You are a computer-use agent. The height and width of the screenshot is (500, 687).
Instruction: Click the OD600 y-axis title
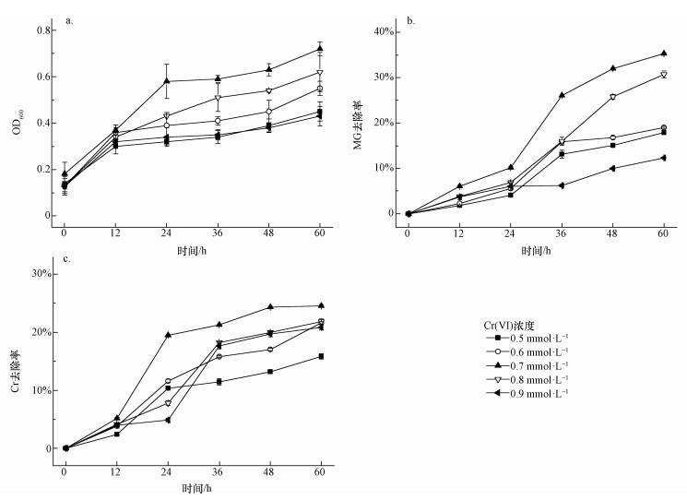[17, 123]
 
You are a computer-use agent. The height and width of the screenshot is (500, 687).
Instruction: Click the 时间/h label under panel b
[535, 250]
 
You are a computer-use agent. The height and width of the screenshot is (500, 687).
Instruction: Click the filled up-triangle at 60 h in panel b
[663, 54]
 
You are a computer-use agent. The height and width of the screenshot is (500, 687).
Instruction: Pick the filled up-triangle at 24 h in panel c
[168, 335]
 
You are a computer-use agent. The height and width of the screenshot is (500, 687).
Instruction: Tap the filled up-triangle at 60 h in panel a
[319, 49]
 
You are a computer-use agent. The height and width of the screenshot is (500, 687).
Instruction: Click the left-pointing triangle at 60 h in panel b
[663, 158]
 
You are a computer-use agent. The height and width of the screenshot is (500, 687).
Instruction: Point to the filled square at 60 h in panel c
[321, 356]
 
